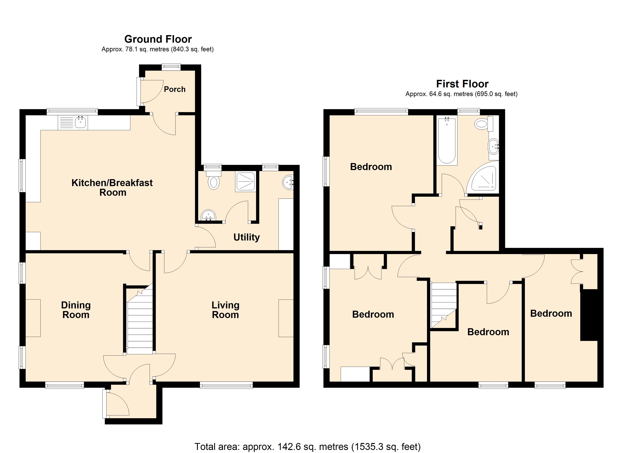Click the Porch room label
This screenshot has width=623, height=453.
(x=175, y=89)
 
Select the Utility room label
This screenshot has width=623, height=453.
(x=246, y=237)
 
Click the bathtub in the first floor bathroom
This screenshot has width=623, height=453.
(x=447, y=141)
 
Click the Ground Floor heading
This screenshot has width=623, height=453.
(x=158, y=39)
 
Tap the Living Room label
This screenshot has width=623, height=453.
(x=225, y=310)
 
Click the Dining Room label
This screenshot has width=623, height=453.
(x=76, y=310)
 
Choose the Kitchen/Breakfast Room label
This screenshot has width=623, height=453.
(x=112, y=187)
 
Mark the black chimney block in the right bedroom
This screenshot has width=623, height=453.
(x=589, y=315)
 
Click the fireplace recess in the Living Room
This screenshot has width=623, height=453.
(x=286, y=318)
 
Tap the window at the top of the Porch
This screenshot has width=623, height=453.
(x=171, y=67)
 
